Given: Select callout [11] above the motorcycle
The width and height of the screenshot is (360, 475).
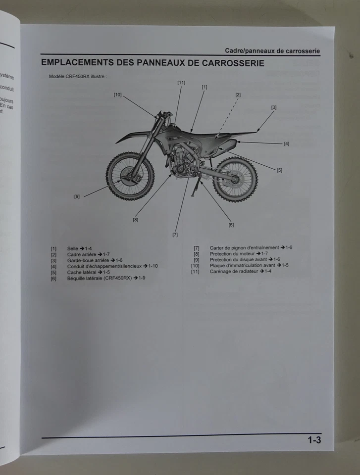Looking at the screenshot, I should click(181, 83).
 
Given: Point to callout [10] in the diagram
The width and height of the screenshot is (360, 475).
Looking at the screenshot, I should click(117, 95).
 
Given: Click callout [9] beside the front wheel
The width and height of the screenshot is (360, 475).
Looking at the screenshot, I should click(77, 196).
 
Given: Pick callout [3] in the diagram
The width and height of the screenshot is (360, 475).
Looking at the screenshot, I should click(274, 107).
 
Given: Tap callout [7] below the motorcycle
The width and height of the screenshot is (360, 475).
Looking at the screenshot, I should click(175, 235).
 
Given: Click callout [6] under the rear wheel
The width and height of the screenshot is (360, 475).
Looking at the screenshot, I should click(231, 225).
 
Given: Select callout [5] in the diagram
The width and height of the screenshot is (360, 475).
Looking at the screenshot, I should click(279, 170).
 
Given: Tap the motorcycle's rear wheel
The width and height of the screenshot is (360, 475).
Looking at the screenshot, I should click(235, 179).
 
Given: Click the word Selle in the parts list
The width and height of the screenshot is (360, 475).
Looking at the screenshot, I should click(72, 248).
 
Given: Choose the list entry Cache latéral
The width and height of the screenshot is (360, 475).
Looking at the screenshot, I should click(82, 272).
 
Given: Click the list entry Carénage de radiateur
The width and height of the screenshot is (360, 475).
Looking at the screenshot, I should click(234, 271).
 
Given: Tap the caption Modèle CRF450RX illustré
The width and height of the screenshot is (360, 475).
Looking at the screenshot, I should click(78, 77).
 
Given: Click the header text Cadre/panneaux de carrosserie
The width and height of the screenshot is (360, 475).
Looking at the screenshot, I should click(272, 50).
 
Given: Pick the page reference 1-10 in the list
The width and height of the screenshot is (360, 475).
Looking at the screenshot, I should click(153, 266).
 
